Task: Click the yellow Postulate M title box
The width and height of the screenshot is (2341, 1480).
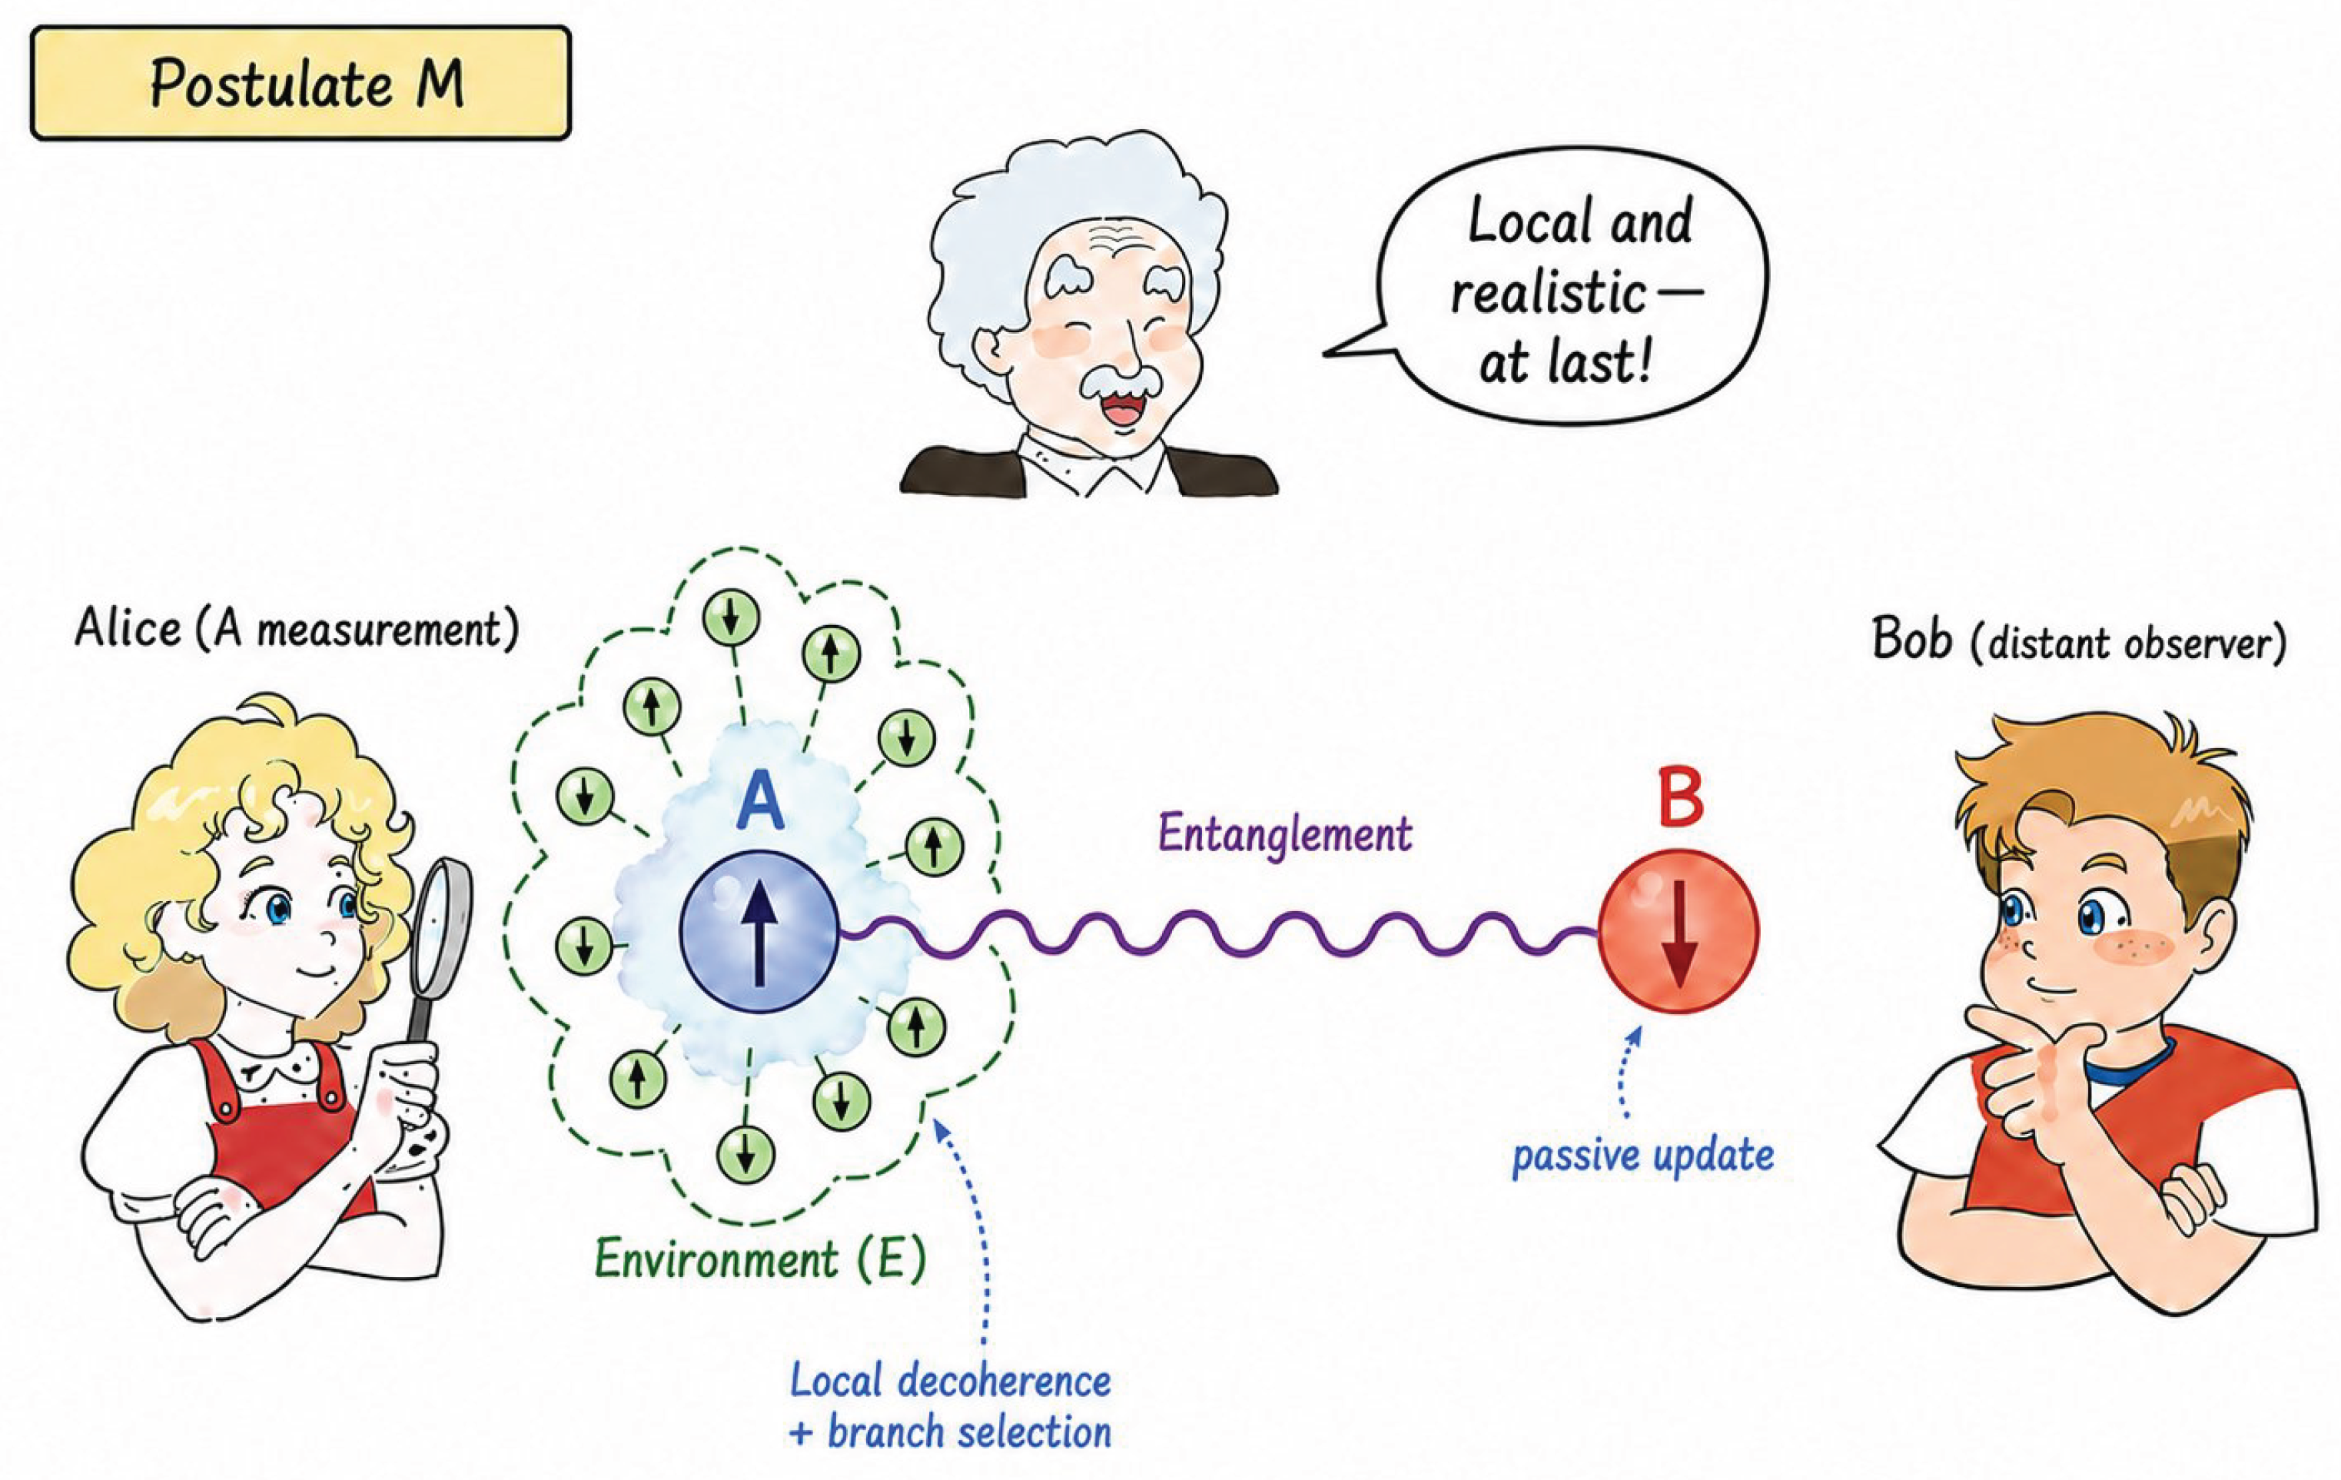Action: [x=301, y=83]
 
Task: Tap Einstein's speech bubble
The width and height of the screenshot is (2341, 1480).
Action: [x=1566, y=287]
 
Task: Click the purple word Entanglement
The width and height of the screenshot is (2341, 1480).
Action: [x=1284, y=834]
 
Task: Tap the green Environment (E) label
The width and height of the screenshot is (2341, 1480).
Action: [x=759, y=1260]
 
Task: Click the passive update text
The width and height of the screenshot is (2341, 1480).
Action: [x=1643, y=1156]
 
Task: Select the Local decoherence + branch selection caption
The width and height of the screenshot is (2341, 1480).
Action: [x=950, y=1407]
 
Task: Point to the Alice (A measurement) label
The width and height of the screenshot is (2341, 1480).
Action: [x=297, y=629]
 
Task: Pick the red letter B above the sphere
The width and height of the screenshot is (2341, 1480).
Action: [x=1680, y=800]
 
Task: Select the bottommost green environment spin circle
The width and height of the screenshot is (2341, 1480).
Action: [x=745, y=1156]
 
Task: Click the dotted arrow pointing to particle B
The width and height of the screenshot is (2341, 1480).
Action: [x=1625, y=1069]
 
